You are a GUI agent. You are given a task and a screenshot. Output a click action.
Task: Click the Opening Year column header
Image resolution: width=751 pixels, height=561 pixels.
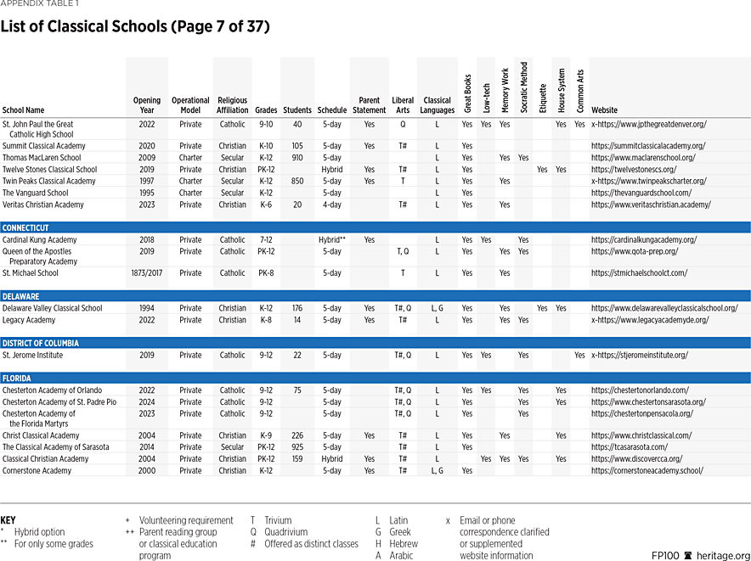click(x=146, y=104)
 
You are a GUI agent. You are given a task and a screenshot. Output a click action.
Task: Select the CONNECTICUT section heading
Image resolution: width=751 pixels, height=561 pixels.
click(x=26, y=227)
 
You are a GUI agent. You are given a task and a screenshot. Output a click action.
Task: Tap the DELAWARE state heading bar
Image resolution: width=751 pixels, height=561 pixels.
click(x=21, y=296)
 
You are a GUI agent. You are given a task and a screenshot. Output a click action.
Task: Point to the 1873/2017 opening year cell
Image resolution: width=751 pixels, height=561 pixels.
click(x=146, y=273)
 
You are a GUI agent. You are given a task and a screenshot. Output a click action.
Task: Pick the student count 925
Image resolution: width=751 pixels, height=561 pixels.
click(x=296, y=447)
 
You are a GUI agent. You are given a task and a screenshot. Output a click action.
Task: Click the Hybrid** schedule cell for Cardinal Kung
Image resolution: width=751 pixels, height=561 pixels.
click(x=331, y=240)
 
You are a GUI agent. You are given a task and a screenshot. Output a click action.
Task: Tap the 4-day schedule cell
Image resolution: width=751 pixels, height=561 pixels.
click(x=331, y=205)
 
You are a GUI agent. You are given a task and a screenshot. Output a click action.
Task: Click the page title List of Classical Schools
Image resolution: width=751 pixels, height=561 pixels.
click(x=135, y=26)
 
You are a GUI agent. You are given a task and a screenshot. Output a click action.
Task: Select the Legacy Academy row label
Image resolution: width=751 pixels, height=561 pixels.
click(x=28, y=320)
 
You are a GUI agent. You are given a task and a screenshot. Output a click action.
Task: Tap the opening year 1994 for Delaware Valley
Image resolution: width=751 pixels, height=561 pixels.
click(x=146, y=308)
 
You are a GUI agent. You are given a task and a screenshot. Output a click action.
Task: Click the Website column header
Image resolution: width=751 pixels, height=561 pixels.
click(x=605, y=110)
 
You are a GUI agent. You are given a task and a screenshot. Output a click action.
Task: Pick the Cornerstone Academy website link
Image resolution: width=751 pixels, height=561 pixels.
click(x=647, y=470)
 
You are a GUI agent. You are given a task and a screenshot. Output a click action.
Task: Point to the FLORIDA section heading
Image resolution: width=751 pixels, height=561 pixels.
click(x=18, y=378)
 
